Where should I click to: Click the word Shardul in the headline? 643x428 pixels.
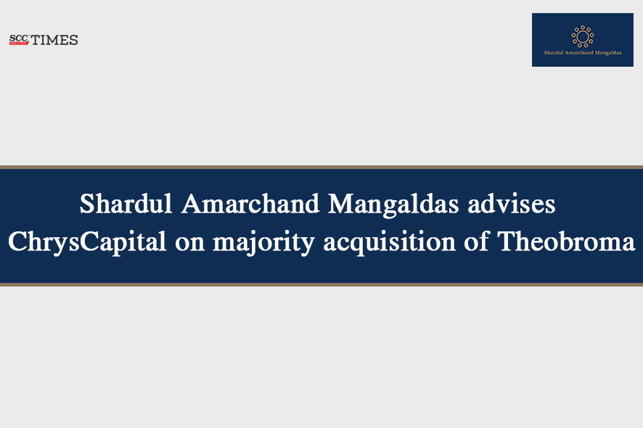pyautogui.click(x=126, y=203)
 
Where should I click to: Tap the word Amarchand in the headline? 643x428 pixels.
pyautogui.click(x=250, y=203)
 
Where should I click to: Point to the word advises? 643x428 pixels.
pyautogui.click(x=512, y=203)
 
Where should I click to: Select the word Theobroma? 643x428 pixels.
pyautogui.click(x=566, y=241)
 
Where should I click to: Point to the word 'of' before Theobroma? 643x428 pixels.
pyautogui.click(x=477, y=241)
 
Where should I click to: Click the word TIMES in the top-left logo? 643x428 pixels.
pyautogui.click(x=54, y=40)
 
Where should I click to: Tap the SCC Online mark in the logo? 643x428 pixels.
pyautogui.click(x=20, y=40)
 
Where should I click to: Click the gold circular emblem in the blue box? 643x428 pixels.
pyautogui.click(x=583, y=36)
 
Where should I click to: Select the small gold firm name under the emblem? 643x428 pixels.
pyautogui.click(x=583, y=52)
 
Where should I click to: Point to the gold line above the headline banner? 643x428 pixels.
pyautogui.click(x=321, y=168)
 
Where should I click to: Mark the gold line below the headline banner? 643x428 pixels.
pyautogui.click(x=321, y=284)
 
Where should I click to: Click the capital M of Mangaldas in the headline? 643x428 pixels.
pyautogui.click(x=340, y=203)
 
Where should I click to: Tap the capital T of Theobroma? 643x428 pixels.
pyautogui.click(x=507, y=242)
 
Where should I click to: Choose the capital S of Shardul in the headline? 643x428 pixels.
pyautogui.click(x=86, y=203)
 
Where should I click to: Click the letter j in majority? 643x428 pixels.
pyautogui.click(x=247, y=244)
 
